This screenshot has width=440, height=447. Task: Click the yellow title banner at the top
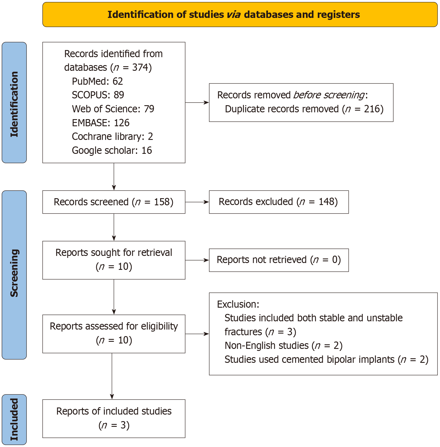pyautogui.click(x=240, y=15)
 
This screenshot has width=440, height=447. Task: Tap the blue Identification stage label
pyautogui.click(x=14, y=103)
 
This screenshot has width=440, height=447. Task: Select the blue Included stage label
pyautogui.click(x=14, y=419)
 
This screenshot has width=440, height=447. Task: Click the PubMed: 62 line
pyautogui.click(x=97, y=81)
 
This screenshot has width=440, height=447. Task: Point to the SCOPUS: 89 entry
pyautogui.click(x=98, y=95)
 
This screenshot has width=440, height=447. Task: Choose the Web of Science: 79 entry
pyautogui.click(x=113, y=109)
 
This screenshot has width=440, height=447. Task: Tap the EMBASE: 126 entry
pyautogui.click(x=101, y=123)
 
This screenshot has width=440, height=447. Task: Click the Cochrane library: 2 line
pyautogui.click(x=112, y=137)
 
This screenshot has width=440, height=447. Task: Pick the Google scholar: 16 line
pyautogui.click(x=112, y=150)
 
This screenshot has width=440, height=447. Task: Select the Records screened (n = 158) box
pyautogui.click(x=114, y=202)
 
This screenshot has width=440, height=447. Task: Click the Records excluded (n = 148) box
pyautogui.click(x=279, y=202)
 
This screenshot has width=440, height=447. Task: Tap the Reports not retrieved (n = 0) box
pyautogui.click(x=279, y=260)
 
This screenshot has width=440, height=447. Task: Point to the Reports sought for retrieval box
pyautogui.click(x=114, y=260)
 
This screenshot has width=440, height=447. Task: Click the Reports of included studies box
pyautogui.click(x=114, y=419)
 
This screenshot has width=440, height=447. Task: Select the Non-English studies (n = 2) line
pyautogui.click(x=284, y=346)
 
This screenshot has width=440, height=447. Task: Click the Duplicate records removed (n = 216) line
pyautogui.click(x=304, y=109)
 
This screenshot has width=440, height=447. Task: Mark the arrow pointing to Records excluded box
pyautogui.click(x=197, y=202)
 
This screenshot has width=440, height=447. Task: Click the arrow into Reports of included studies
pyautogui.click(x=112, y=376)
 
